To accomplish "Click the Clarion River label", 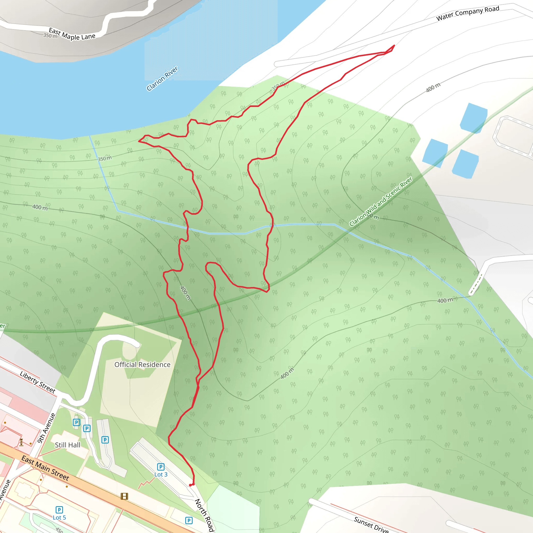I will (162, 79).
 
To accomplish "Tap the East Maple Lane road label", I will (72, 34).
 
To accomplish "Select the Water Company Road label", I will (468, 13).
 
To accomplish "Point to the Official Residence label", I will (142, 365).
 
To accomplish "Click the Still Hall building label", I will (68, 445).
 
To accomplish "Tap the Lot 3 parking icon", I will (161, 467).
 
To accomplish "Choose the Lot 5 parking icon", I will (59, 510).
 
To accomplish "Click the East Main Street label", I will (45, 468).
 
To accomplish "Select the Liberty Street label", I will (38, 382).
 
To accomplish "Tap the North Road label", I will (204, 515).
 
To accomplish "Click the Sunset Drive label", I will (371, 524).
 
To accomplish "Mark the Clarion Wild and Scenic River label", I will (381, 201).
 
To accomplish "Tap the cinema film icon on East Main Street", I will (124, 497).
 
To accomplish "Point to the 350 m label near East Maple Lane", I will (50, 36).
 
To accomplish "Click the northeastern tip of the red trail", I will (394, 45).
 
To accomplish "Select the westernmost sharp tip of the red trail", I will (139, 141).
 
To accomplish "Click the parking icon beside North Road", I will (189, 521).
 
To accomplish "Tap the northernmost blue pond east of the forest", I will (473, 118).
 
